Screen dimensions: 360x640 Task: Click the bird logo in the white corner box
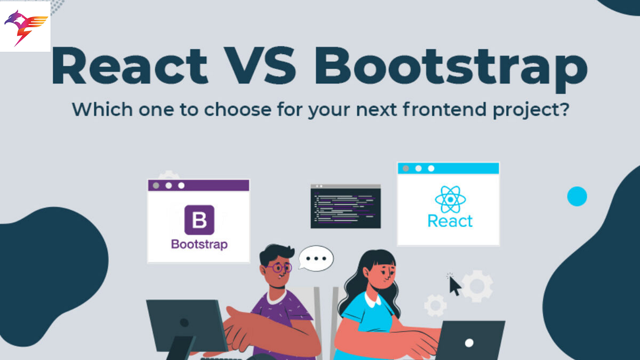(26, 27)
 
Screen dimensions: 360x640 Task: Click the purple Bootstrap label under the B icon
(199, 245)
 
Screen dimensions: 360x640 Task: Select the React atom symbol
(450, 200)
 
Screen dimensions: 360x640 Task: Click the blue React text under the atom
(450, 221)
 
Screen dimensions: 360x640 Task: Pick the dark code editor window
(346, 206)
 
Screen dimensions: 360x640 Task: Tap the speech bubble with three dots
(316, 259)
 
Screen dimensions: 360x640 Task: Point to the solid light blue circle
(577, 196)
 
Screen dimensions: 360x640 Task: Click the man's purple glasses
(279, 268)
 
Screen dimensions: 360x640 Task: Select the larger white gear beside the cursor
(476, 286)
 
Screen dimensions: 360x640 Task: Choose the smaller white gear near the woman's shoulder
(435, 306)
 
